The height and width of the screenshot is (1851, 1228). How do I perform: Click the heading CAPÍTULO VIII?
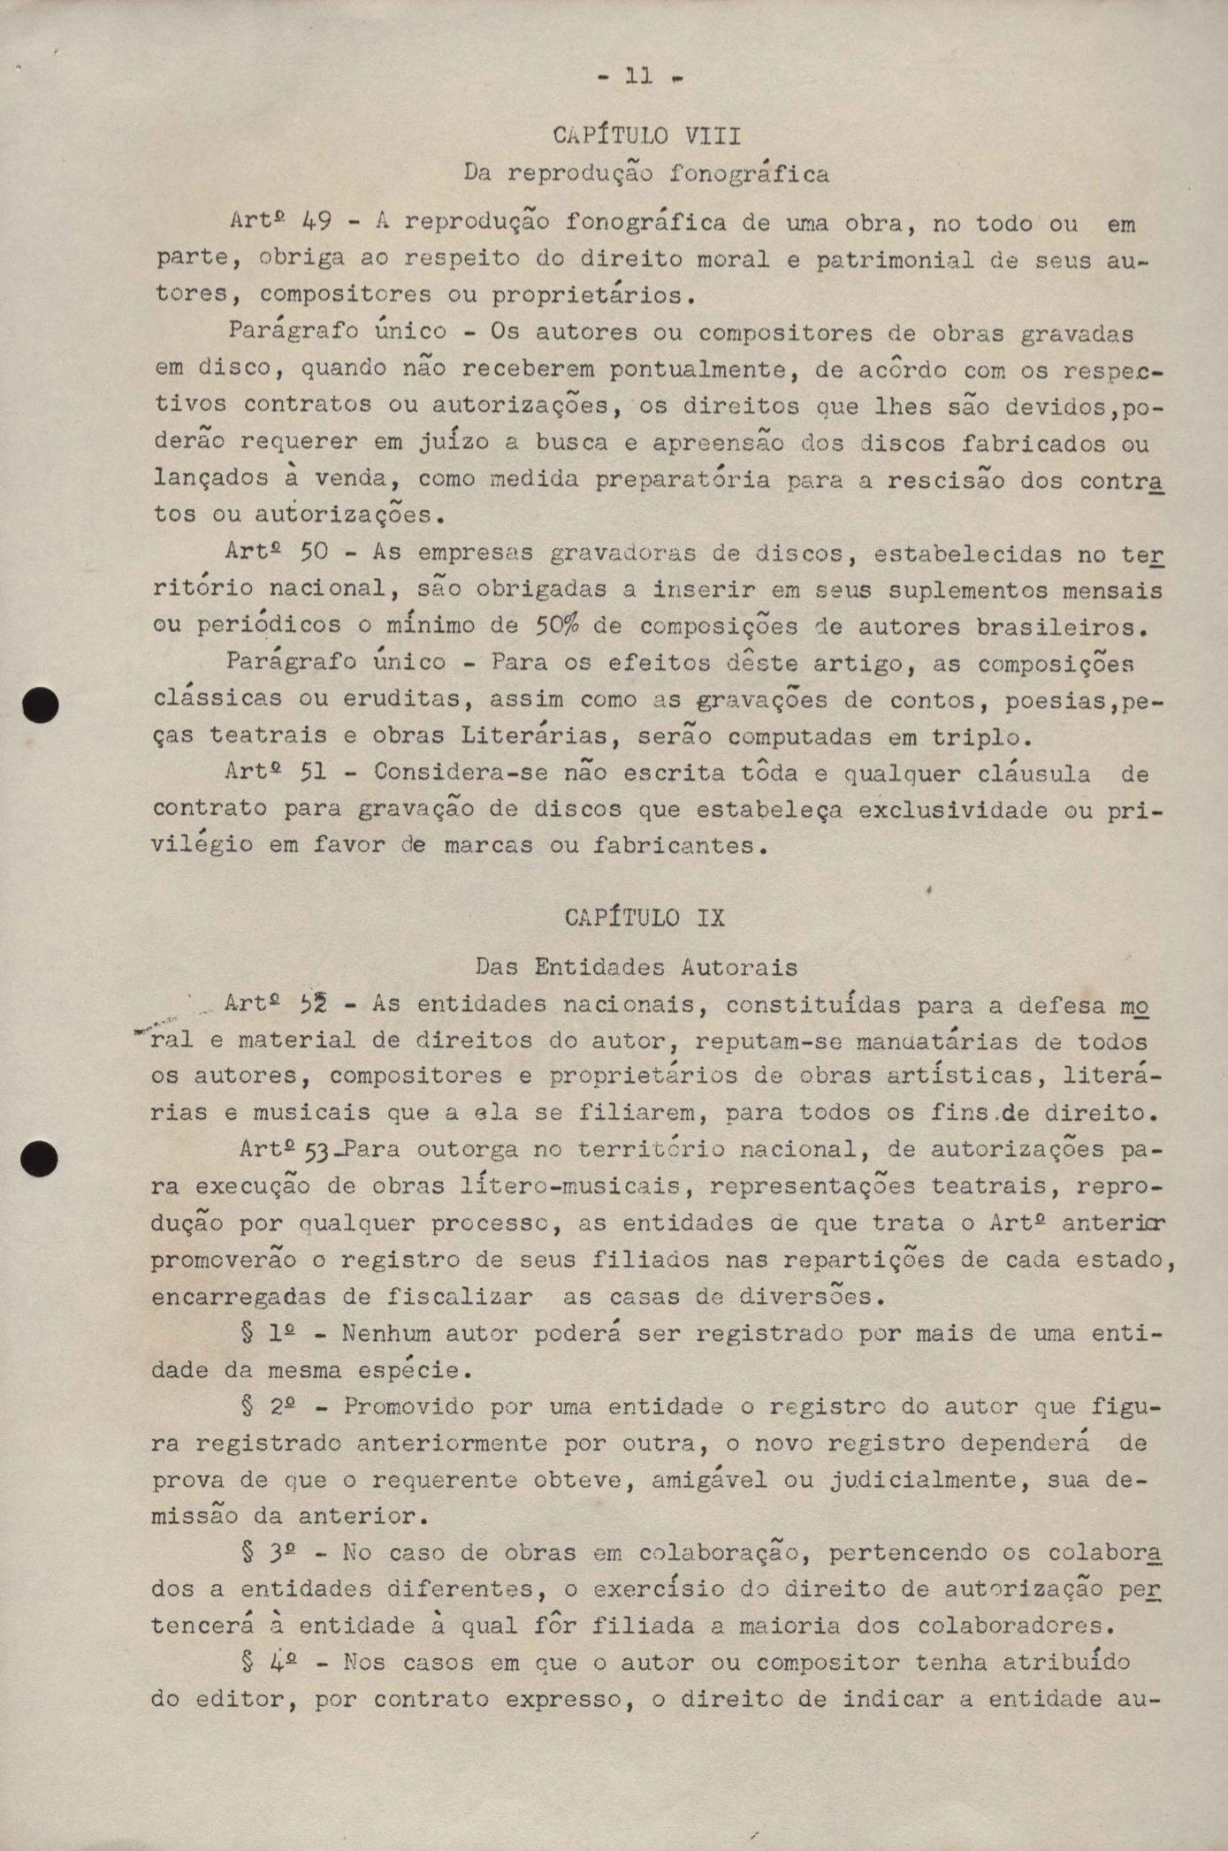coord(646,136)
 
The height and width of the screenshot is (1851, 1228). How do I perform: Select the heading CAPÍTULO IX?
coord(645,917)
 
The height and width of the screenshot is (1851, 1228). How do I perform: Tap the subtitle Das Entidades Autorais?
coord(637,966)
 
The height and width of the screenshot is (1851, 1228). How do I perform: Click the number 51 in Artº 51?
coord(314,773)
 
